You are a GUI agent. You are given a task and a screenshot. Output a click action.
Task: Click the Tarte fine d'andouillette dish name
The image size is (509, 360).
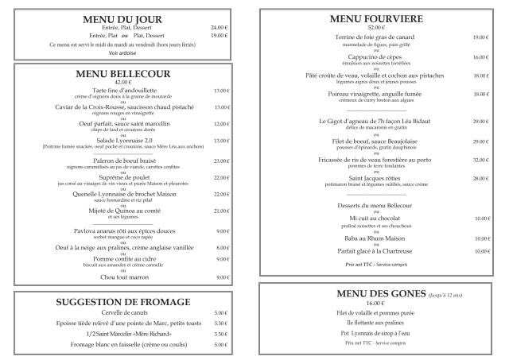click(122, 91)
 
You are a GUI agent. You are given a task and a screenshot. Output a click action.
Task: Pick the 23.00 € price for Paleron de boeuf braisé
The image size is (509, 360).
click(222, 160)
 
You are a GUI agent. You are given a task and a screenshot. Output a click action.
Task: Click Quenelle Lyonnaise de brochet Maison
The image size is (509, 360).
click(122, 194)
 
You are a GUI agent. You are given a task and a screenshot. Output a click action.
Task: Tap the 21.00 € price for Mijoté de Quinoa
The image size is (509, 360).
click(222, 211)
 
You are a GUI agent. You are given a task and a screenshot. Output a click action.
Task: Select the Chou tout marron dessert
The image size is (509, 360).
click(122, 277)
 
